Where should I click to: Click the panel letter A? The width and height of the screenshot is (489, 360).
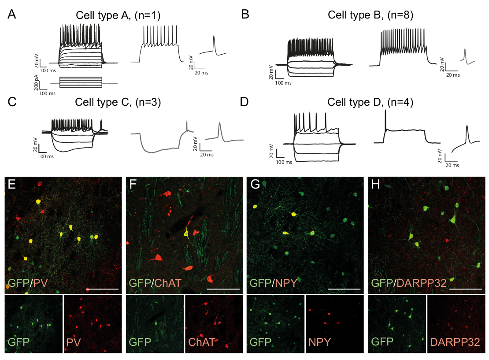click(12, 14)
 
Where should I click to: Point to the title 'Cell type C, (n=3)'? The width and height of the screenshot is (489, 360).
click(118, 103)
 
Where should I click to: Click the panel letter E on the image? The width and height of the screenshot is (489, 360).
click(12, 185)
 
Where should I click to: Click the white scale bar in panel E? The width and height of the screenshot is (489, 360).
click(102, 289)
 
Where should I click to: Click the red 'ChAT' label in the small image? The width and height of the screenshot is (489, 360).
click(200, 342)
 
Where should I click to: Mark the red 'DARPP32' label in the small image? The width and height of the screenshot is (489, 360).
click(454, 342)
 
